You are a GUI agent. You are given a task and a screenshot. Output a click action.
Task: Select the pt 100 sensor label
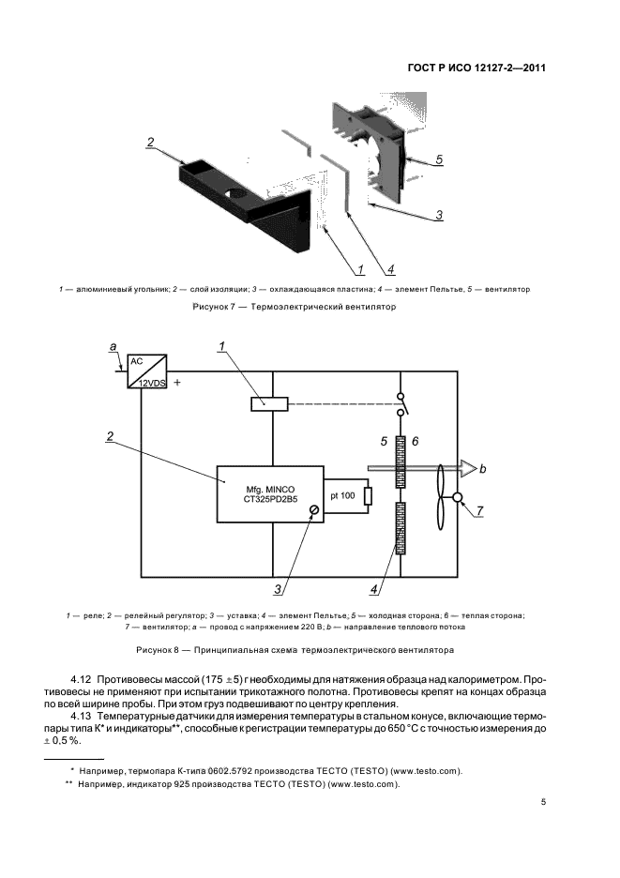coord(343,494)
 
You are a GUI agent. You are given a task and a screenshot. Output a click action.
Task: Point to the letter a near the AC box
coord(113,348)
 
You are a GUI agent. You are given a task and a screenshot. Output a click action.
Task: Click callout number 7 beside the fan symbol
coord(480,510)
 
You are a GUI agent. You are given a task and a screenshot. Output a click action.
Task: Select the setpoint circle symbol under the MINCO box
coord(314,509)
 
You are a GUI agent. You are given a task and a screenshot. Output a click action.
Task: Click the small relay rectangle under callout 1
coord(270,404)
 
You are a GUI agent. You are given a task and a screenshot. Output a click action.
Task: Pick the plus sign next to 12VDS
coord(176,383)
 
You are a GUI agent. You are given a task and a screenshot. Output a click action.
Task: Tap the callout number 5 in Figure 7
coord(438,159)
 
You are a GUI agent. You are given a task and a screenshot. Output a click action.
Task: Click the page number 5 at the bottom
coord(543,803)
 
